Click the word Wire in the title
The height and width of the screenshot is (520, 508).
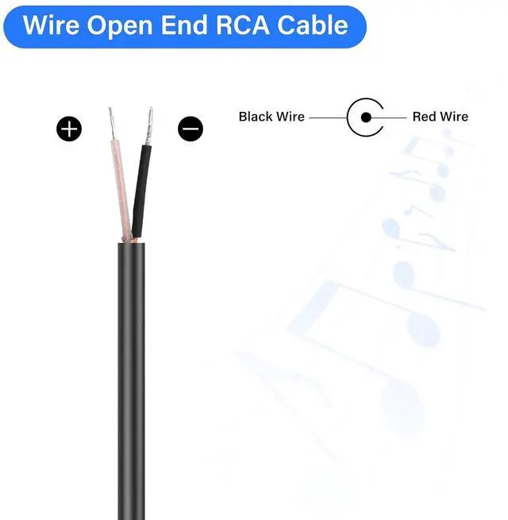(51, 25)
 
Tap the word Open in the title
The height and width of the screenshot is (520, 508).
(121, 25)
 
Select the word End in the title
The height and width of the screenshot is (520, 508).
(185, 25)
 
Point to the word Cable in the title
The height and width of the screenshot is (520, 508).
(311, 25)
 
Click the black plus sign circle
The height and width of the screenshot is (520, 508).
(69, 129)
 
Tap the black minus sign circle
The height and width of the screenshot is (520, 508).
(190, 129)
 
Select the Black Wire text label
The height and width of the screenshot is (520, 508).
(271, 117)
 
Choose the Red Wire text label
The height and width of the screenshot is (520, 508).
(440, 117)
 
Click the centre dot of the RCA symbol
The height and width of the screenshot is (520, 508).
(366, 117)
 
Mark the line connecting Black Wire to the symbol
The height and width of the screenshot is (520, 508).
(327, 117)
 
